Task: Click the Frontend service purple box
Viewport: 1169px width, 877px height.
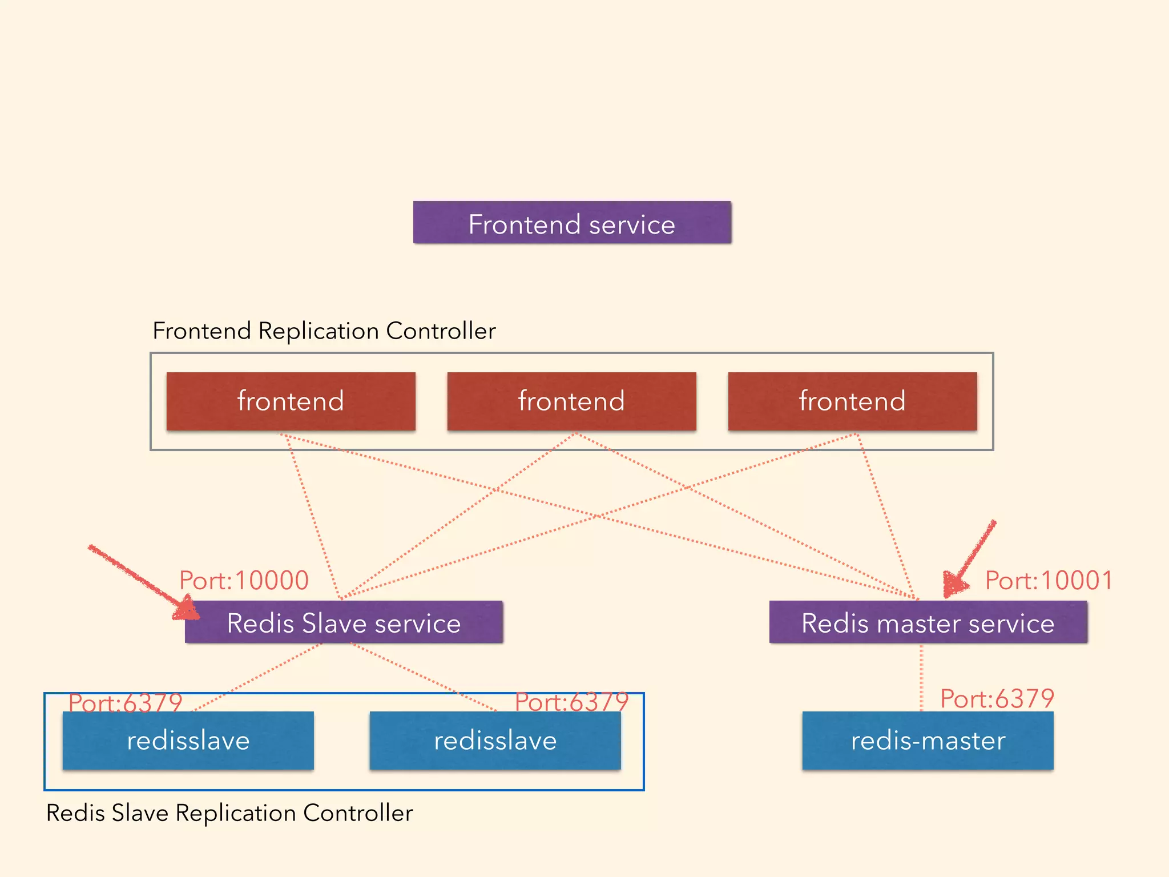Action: click(572, 223)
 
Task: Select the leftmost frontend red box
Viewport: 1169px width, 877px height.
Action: click(291, 401)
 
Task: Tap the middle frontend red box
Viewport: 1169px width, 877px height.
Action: click(571, 401)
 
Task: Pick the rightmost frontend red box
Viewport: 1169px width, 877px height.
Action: click(852, 401)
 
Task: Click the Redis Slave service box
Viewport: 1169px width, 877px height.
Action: click(344, 622)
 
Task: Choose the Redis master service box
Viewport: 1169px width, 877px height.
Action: click(928, 622)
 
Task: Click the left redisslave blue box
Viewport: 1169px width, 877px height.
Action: click(188, 741)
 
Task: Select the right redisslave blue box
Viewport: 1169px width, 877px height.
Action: click(495, 741)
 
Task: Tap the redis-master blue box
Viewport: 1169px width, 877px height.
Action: click(928, 741)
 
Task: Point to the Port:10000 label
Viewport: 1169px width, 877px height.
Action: click(244, 580)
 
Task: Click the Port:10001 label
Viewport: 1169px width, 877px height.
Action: click(1049, 580)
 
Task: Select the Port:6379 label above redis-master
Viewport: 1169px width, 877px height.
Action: click(997, 698)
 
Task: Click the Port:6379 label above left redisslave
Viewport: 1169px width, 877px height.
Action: click(125, 702)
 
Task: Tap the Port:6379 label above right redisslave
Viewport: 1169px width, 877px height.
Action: click(571, 701)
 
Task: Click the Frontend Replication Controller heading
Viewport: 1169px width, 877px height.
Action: click(324, 331)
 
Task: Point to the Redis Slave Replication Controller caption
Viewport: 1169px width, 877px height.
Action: click(229, 813)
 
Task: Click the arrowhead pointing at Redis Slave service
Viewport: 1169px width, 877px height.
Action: click(186, 609)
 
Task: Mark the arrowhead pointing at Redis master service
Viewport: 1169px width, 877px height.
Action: click(954, 584)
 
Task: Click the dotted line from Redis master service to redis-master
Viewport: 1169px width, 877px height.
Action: click(921, 677)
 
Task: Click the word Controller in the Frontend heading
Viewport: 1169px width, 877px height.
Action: click(441, 331)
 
